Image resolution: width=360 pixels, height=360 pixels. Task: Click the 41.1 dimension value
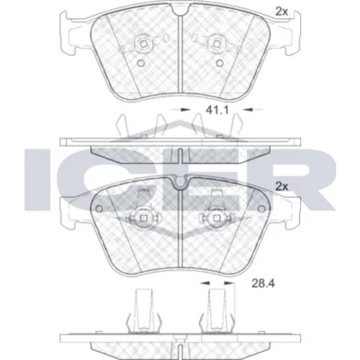[x=217, y=110]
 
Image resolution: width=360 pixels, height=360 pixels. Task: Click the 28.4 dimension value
[x=263, y=284]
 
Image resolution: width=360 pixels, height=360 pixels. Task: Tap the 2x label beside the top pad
[x=282, y=11]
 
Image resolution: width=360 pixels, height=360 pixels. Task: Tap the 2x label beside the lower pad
[x=282, y=186]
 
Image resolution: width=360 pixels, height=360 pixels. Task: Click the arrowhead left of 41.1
[x=185, y=109]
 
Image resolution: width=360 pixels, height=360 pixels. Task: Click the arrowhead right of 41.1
[x=248, y=109]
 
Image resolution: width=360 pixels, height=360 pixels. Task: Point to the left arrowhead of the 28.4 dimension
[x=205, y=284]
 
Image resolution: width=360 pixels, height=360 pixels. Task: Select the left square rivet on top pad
[x=143, y=44]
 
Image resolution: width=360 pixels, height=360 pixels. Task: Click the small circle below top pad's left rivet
[x=141, y=63]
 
